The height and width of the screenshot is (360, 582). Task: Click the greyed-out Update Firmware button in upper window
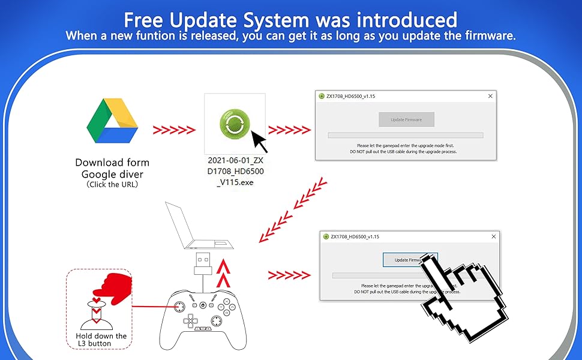(x=406, y=119)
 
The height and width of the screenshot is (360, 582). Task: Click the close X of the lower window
(x=494, y=236)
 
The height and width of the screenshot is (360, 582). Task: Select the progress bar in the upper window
(x=405, y=136)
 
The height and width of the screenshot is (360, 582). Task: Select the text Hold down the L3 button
(x=101, y=340)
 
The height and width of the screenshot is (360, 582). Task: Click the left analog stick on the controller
(x=179, y=306)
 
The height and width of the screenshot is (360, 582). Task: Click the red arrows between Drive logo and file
(x=174, y=130)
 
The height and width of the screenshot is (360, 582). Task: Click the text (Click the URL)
(x=112, y=184)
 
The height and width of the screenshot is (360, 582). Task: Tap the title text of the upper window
(x=350, y=96)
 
